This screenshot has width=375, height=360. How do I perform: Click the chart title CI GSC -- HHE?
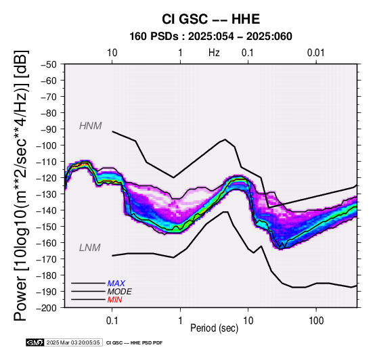click(211, 19)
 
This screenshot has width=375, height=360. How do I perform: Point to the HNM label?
click(91, 126)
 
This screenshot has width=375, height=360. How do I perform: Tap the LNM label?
click(89, 248)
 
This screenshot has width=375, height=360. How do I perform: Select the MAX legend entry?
click(116, 284)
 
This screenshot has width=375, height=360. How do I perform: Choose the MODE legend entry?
click(119, 292)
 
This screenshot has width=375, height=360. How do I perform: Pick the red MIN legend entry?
click(114, 300)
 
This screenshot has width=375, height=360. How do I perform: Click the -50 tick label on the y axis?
click(48, 64)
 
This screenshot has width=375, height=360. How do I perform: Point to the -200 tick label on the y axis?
click(47, 308)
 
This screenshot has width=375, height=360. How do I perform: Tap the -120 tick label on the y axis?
click(47, 178)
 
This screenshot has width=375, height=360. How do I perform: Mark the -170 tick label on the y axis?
click(47, 259)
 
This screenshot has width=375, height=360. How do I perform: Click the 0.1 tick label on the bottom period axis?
click(112, 320)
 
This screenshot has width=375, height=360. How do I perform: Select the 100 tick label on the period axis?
click(316, 320)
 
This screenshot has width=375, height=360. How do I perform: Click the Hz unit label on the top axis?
click(214, 53)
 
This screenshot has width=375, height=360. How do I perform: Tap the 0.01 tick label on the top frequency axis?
click(315, 53)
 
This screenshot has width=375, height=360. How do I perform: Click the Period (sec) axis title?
click(215, 328)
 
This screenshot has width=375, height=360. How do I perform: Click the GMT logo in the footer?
click(35, 342)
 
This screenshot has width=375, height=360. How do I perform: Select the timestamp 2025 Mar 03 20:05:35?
click(73, 342)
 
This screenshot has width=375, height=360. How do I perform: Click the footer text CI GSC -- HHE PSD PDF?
click(134, 343)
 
